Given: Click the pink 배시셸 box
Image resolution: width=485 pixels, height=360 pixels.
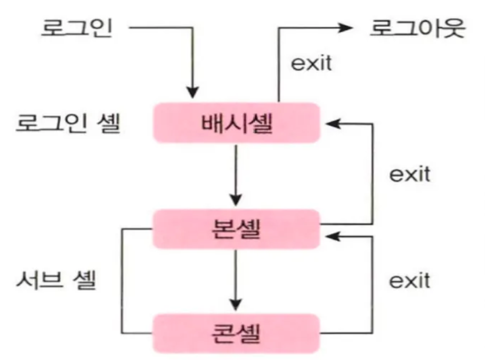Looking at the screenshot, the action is tap(236, 122).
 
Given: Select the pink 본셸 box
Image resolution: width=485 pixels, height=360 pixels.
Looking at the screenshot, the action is tap(236, 229).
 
